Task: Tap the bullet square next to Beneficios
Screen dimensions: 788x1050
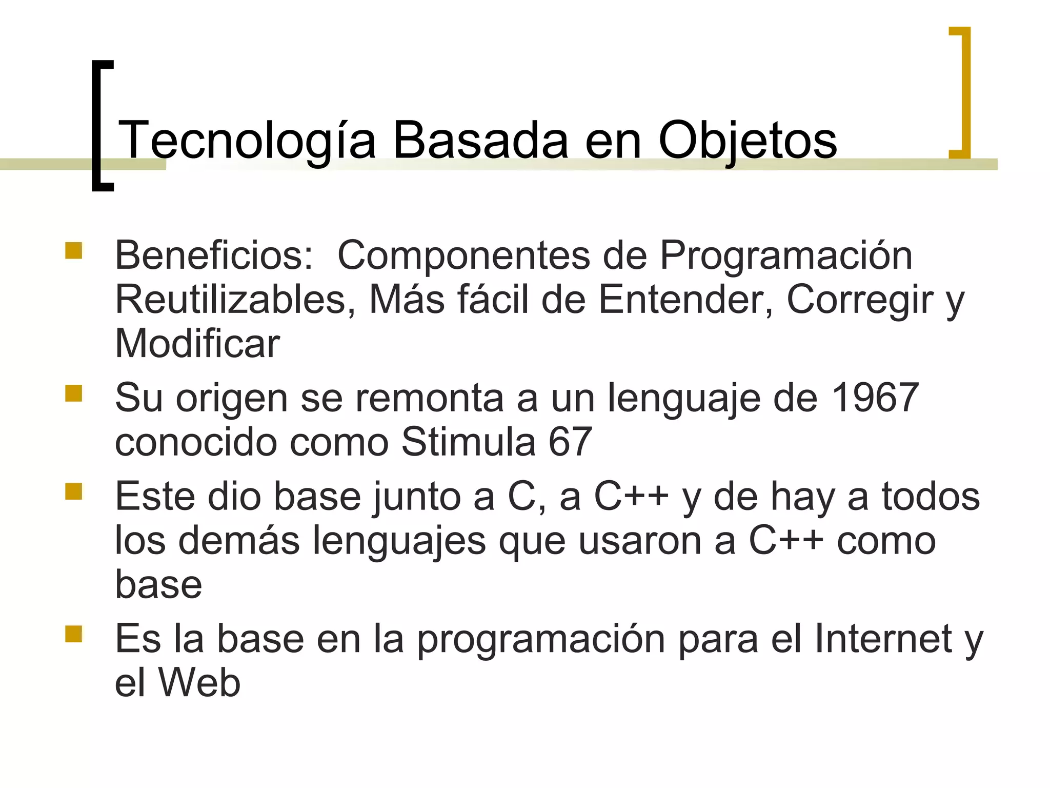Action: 74,251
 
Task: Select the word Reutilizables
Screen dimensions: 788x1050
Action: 235,299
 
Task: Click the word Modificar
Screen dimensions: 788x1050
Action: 197,343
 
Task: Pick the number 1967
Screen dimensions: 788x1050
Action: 875,398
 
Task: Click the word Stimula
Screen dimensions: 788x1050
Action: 468,441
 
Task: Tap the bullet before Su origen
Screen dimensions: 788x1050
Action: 74,393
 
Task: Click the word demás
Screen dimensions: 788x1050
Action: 239,540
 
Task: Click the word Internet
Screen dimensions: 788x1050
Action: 883,639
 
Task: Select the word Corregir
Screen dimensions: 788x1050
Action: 860,299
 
